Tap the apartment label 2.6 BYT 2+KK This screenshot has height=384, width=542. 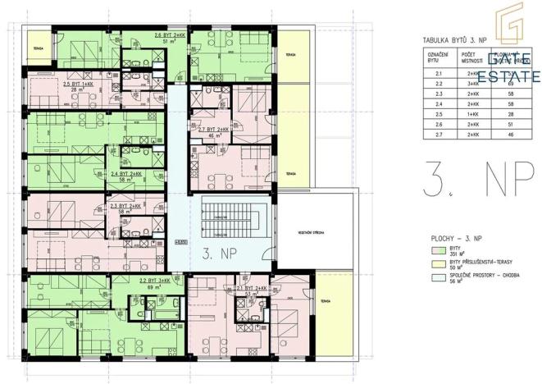(170, 37)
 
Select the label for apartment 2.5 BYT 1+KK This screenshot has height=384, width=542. (78, 85)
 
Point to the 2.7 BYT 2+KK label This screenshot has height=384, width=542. (213, 130)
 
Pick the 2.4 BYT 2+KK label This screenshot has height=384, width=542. (127, 174)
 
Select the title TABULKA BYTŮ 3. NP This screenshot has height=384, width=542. (456, 39)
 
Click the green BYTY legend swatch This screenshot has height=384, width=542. (436, 249)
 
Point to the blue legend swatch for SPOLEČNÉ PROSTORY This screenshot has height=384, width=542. (436, 275)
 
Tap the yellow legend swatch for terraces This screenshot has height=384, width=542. (436, 262)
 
